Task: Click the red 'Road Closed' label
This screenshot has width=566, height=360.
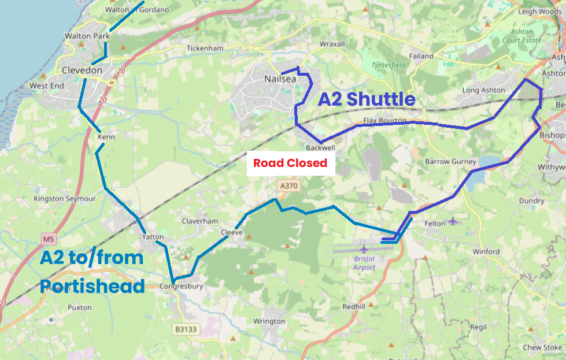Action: click(290, 164)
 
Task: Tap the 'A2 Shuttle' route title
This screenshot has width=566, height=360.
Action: click(367, 99)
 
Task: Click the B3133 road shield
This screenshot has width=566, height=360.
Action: click(186, 329)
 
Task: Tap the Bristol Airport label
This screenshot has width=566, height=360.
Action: click(364, 263)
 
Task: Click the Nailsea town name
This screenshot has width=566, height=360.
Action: click(280, 79)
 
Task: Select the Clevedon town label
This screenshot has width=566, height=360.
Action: click(82, 70)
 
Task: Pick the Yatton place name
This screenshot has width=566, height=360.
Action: click(153, 237)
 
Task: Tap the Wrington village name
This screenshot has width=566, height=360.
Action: click(269, 321)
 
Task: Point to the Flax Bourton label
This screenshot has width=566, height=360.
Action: click(385, 121)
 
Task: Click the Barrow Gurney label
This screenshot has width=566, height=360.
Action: click(450, 162)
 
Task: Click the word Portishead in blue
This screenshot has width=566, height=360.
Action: click(92, 285)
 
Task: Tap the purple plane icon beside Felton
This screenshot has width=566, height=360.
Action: click(453, 221)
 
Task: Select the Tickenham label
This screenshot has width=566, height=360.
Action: click(205, 49)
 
